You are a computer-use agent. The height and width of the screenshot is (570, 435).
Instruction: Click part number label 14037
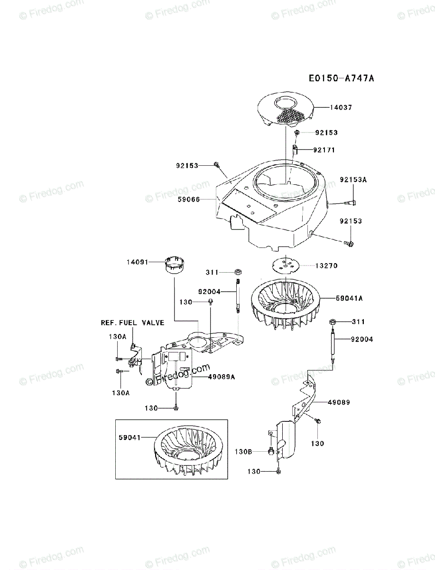(341, 108)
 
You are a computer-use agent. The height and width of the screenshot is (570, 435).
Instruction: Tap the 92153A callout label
(353, 180)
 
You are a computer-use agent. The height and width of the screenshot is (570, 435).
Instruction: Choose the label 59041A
(349, 298)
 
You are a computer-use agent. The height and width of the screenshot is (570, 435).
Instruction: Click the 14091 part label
(138, 262)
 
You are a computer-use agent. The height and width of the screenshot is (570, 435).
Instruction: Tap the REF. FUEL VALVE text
(132, 323)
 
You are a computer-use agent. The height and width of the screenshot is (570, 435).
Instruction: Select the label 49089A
(222, 377)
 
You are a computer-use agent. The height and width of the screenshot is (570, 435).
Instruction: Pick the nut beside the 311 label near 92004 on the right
(333, 323)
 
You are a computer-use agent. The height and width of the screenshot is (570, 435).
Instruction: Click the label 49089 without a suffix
(339, 402)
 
